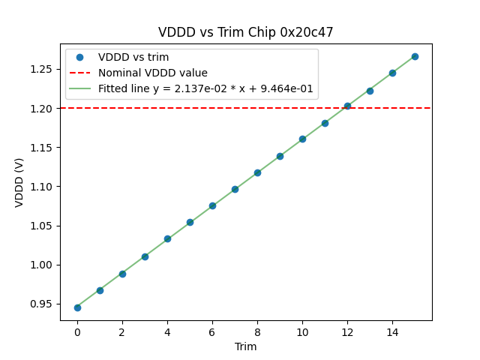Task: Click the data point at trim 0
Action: point(77,307)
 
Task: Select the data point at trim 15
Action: point(415,56)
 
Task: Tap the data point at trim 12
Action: point(347,106)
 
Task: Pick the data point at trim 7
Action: point(235,189)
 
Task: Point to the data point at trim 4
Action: point(167,238)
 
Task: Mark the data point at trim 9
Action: point(280,156)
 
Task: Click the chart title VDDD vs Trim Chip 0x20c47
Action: point(245,32)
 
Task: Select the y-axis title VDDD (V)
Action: point(19,182)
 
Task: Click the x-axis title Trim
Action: point(245,346)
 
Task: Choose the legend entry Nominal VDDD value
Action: point(153,73)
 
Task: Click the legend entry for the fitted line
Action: point(205,88)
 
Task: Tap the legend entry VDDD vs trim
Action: point(133,57)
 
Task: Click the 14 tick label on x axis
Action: point(392,331)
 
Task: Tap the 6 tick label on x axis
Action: point(212,331)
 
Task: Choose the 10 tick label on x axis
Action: point(302,331)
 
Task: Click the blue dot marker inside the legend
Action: point(79,57)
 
